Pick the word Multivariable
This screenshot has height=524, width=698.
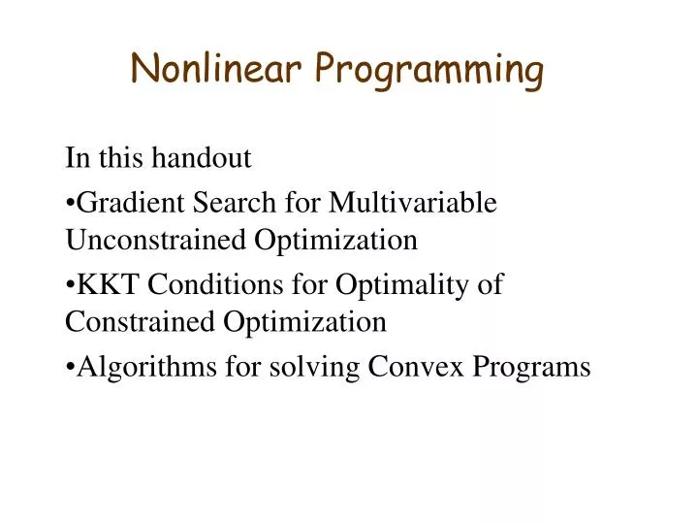(x=414, y=203)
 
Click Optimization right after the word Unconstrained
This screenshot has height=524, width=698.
(x=336, y=241)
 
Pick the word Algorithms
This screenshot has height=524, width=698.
(x=126, y=368)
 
